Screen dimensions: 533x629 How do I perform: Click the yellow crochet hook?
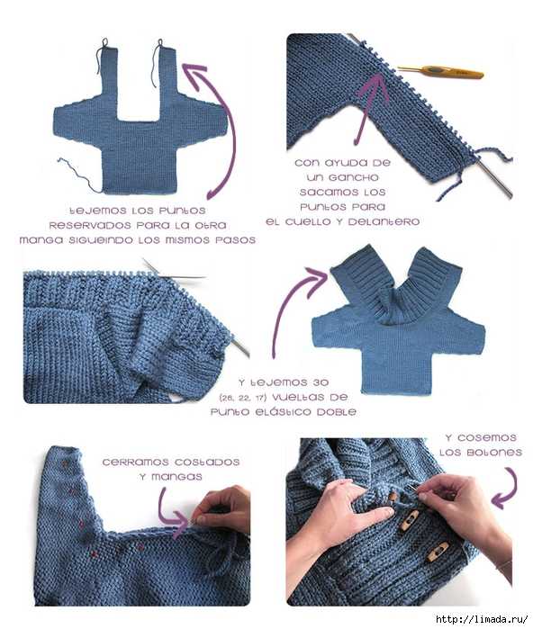pyautogui.click(x=440, y=72)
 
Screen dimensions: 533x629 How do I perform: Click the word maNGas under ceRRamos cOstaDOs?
pyautogui.click(x=171, y=477)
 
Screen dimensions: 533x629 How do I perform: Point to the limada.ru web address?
pyautogui.click(x=482, y=619)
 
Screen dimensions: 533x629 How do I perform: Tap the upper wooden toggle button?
pyautogui.click(x=409, y=520)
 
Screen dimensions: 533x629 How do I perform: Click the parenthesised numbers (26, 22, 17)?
pyautogui.click(x=244, y=398)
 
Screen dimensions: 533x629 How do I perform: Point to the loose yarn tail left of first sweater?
pyautogui.click(x=78, y=174)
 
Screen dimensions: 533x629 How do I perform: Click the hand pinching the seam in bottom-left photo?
pyautogui.click(x=223, y=510)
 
